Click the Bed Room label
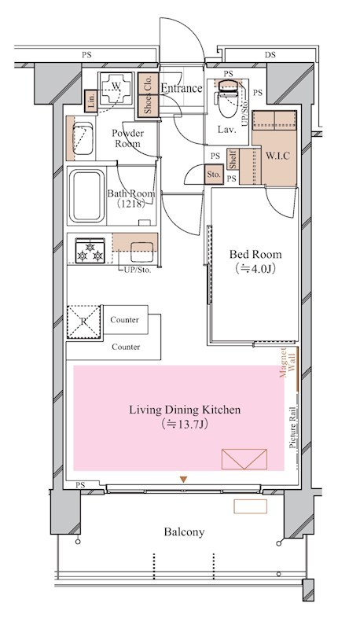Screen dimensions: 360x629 [x=255, y=254]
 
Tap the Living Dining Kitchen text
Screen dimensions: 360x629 [x=185, y=410]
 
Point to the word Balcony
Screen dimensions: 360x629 [x=184, y=532]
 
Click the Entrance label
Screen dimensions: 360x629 [x=182, y=88]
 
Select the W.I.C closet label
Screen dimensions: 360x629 [x=277, y=156]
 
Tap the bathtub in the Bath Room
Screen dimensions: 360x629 [x=86, y=196]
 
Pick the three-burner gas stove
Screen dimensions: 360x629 [x=90, y=251]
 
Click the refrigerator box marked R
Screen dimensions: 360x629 [x=83, y=322]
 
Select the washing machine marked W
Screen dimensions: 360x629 [x=116, y=89]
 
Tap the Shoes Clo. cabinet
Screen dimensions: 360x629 [x=148, y=95]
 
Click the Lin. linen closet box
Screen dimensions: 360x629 [x=91, y=101]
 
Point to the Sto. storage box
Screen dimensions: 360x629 [x=214, y=175]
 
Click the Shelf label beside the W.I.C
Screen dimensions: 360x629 [x=233, y=159]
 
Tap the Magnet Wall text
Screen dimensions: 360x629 [x=288, y=362]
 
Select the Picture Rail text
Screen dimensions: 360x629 [x=292, y=428]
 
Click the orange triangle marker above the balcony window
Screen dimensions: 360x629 [x=184, y=480]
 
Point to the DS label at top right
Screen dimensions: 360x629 [x=270, y=55]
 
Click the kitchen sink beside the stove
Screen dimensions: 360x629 [x=141, y=252]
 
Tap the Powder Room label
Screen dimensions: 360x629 [x=128, y=138]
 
